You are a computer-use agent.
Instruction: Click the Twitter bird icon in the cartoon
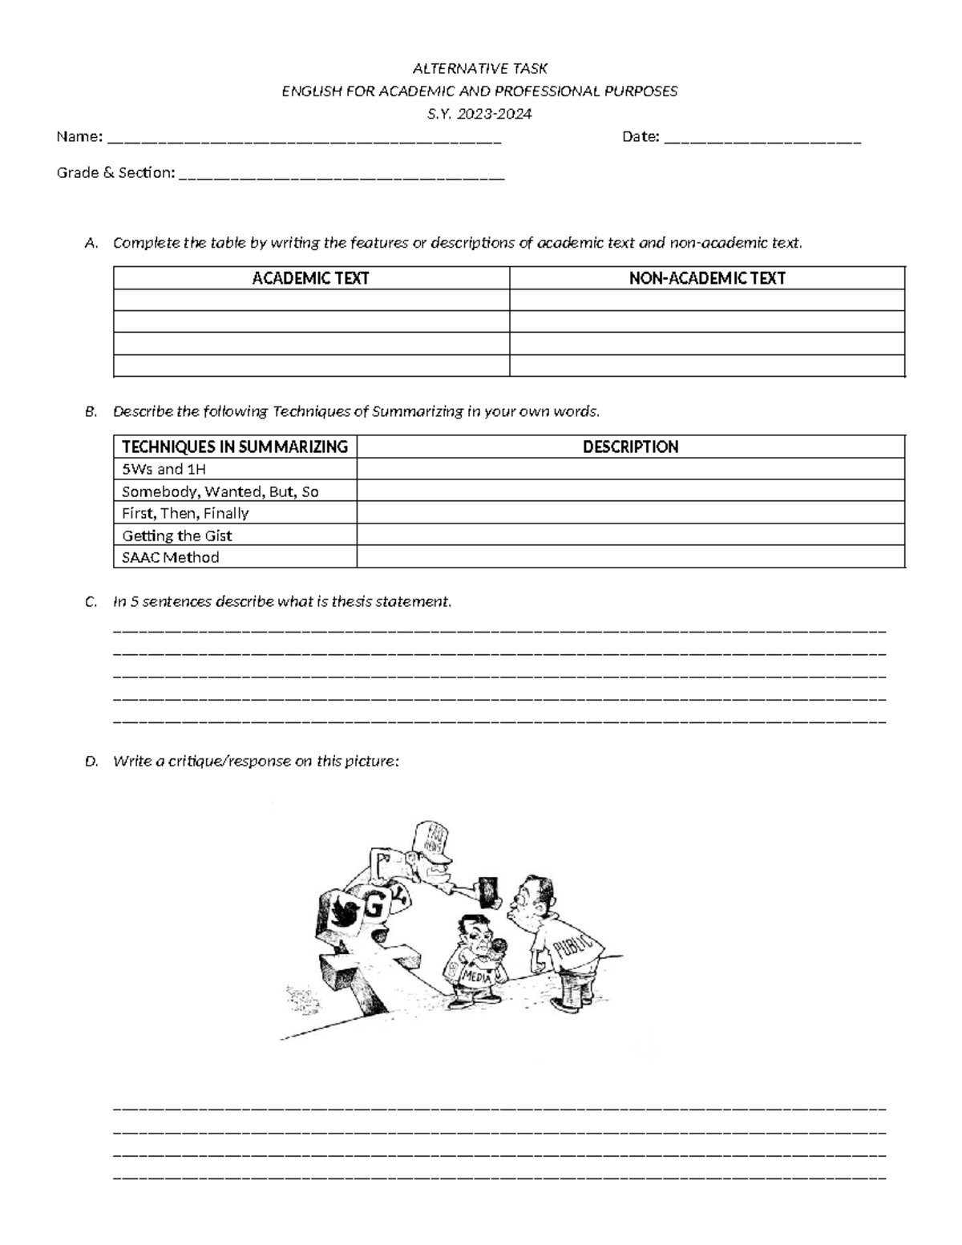pyautogui.click(x=345, y=912)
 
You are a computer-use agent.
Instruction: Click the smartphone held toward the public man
pyautogui.click(x=487, y=890)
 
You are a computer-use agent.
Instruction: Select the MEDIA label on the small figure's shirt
pyautogui.click(x=476, y=976)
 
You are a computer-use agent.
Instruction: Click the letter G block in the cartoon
pyautogui.click(x=373, y=907)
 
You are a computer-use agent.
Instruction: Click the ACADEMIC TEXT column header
pyautogui.click(x=310, y=278)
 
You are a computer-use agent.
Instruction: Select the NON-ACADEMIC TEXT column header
pyautogui.click(x=706, y=278)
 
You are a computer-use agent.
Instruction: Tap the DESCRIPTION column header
pyautogui.click(x=630, y=447)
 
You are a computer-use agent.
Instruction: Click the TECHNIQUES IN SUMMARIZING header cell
pyautogui.click(x=234, y=447)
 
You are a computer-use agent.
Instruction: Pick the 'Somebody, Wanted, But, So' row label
pyautogui.click(x=220, y=491)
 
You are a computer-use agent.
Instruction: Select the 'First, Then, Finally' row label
pyautogui.click(x=185, y=513)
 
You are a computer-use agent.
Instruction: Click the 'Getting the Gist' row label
pyautogui.click(x=176, y=536)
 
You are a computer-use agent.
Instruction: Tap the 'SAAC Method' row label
pyautogui.click(x=170, y=557)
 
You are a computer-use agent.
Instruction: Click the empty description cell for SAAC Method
pyautogui.click(x=630, y=557)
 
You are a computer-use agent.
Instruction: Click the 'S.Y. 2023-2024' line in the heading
pyautogui.click(x=479, y=114)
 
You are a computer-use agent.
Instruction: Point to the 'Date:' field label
pyautogui.click(x=641, y=137)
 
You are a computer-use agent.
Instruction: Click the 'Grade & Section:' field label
pyautogui.click(x=115, y=172)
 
